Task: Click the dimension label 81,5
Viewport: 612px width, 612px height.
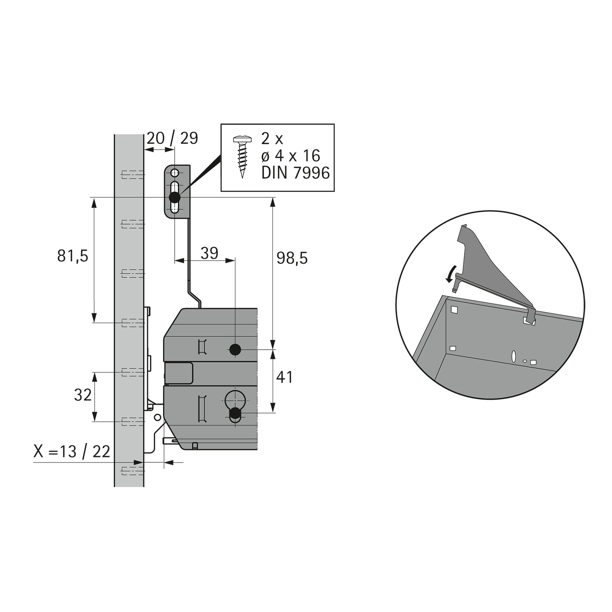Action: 73,256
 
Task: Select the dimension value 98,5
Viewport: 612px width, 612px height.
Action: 292,258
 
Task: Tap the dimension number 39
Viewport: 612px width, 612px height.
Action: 210,253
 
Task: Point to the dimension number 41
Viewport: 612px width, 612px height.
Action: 284,377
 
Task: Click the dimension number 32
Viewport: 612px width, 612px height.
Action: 83,395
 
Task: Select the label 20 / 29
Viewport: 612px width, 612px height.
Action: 172,138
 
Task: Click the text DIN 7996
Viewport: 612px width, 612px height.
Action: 295,173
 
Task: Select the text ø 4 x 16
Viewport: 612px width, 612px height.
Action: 291,156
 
